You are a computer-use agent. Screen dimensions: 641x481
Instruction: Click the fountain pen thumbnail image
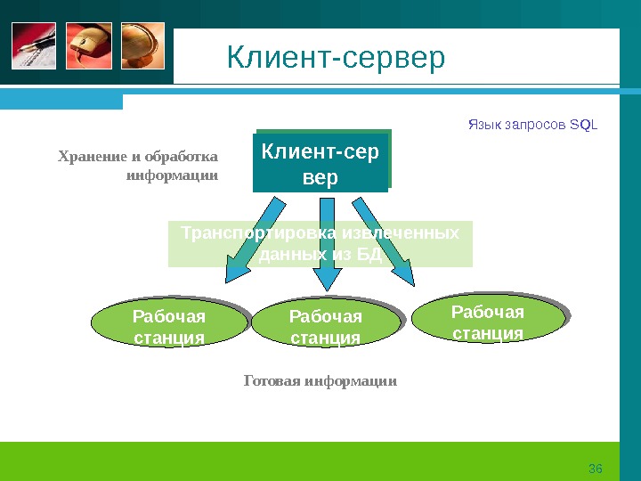click(34, 46)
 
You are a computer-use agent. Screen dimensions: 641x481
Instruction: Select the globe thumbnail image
click(142, 46)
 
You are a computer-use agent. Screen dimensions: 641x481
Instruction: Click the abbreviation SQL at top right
click(584, 124)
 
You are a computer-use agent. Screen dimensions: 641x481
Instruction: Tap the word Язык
click(484, 124)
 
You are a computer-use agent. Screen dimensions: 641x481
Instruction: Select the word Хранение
click(90, 158)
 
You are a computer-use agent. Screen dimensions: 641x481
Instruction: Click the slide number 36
click(596, 469)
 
